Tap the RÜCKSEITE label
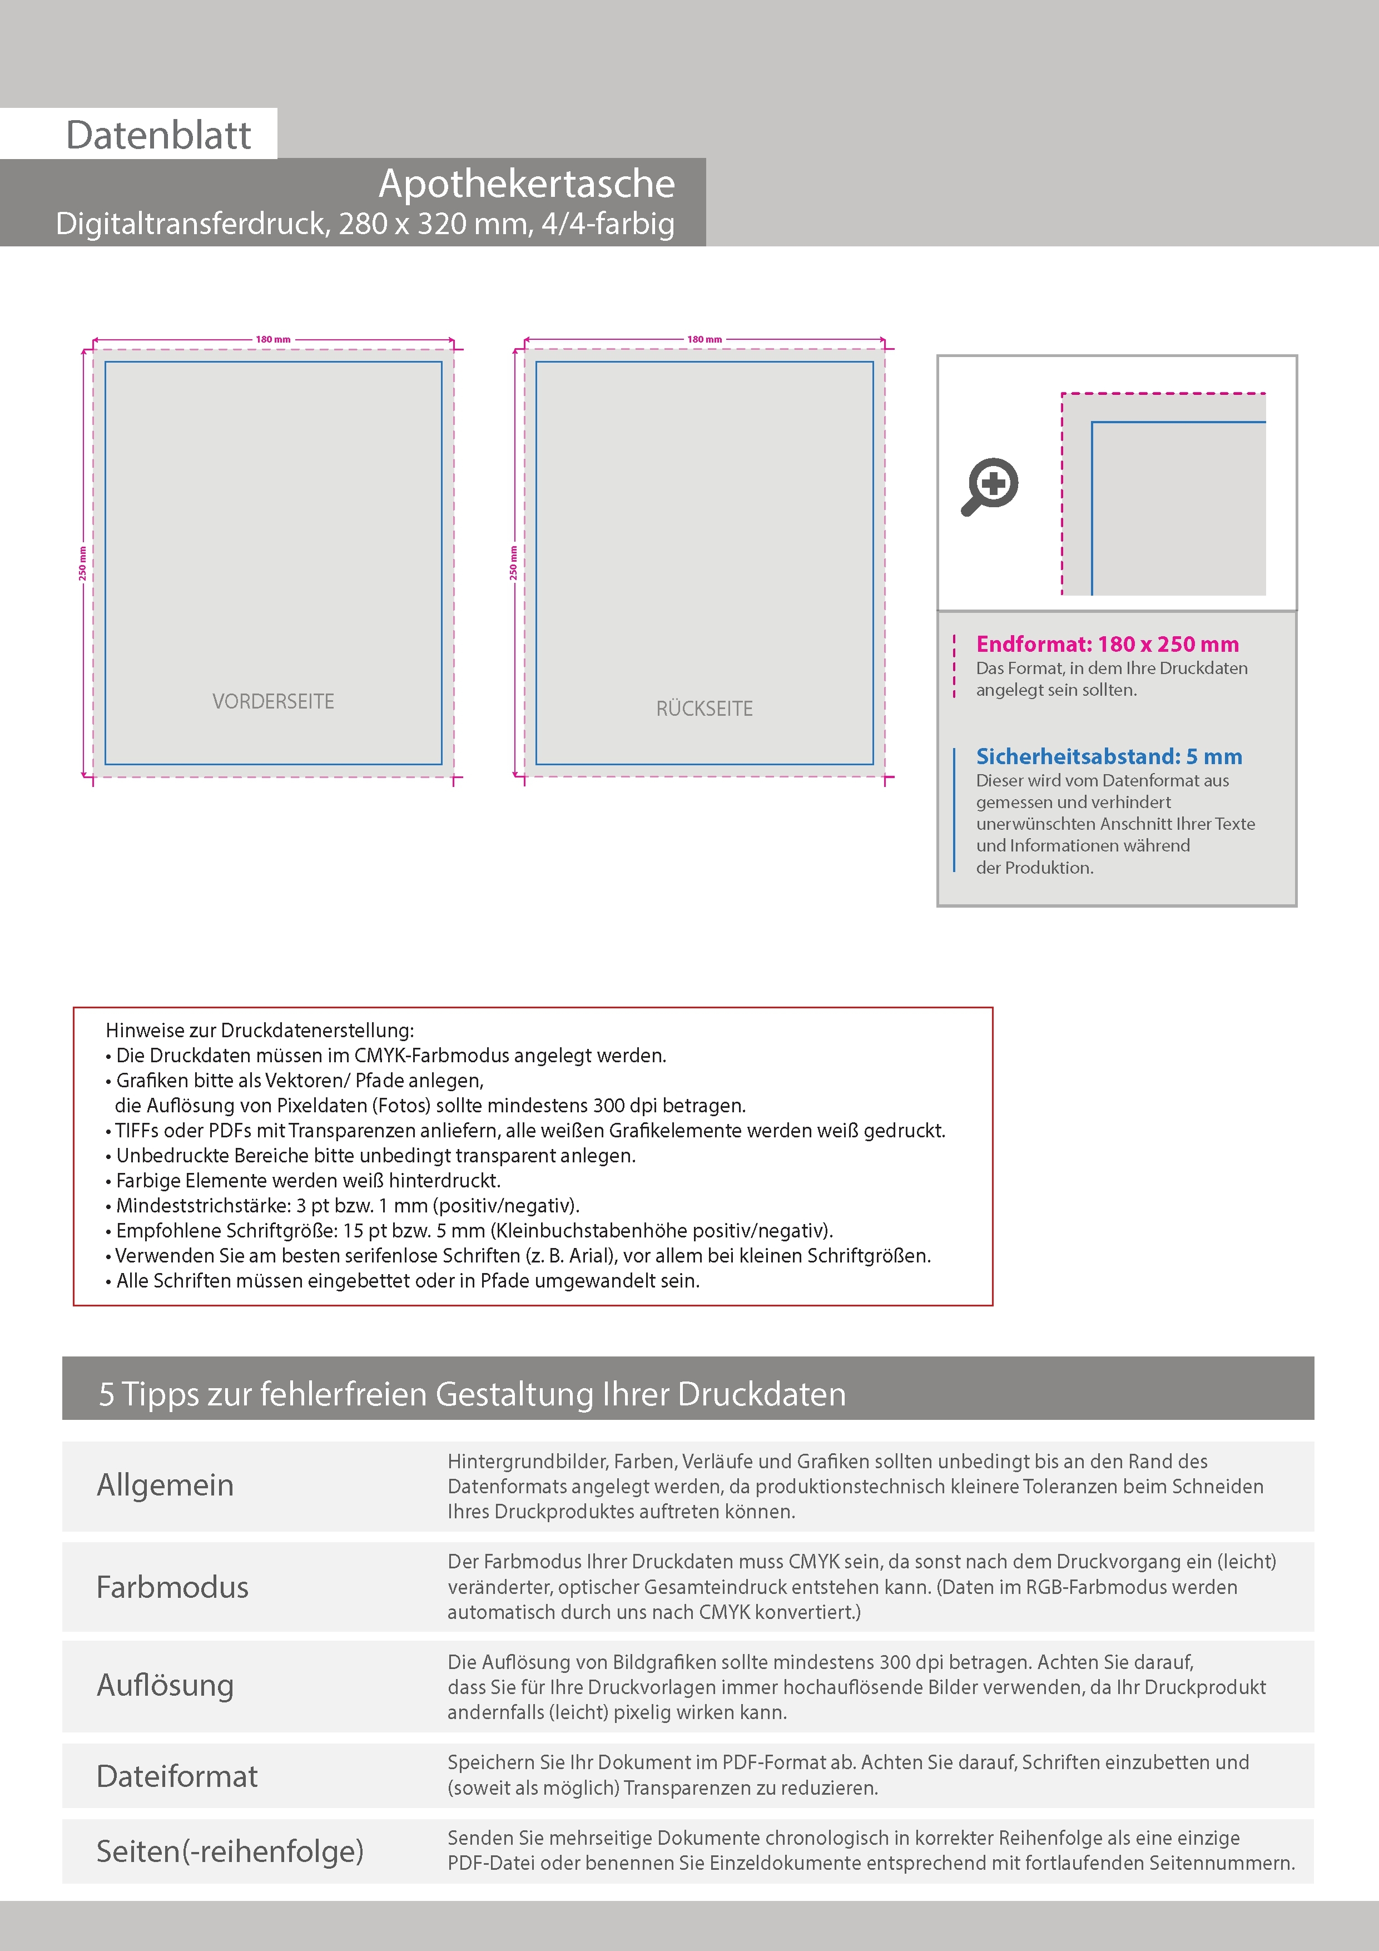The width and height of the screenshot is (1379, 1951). coord(705,709)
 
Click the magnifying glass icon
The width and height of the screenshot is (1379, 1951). coord(990,486)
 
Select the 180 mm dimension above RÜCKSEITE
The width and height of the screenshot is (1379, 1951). coord(705,339)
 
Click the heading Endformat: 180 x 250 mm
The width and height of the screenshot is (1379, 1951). coord(1107,644)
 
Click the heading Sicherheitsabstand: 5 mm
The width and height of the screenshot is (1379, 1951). coord(1109,756)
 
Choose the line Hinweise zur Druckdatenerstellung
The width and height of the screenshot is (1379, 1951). coord(259,1031)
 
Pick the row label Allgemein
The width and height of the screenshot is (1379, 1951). coord(165,1484)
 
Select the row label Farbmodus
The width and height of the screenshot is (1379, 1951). coord(172,1587)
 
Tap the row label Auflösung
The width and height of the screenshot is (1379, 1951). coord(165,1685)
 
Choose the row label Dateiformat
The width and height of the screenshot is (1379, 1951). coord(177,1776)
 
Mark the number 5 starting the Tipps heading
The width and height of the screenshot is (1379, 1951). coord(106,1394)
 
